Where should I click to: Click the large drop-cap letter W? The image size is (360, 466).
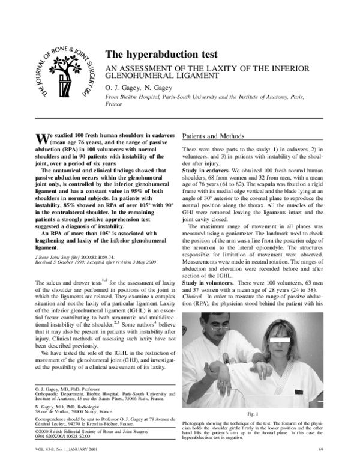(41, 137)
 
